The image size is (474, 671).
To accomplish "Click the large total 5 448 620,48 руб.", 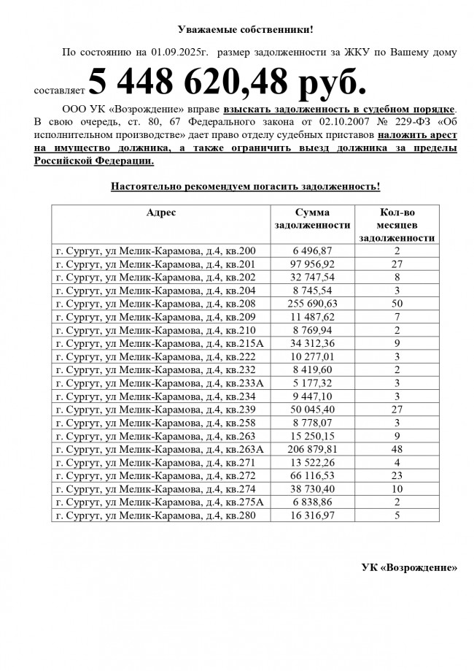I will tap(227, 81).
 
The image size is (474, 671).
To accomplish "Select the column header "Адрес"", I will tap(161, 212).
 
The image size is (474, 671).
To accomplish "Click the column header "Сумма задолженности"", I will tap(312, 218).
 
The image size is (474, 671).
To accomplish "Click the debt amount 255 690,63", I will tap(312, 304).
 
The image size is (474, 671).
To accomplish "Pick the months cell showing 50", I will tap(398, 304).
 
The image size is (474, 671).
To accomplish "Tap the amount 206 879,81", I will tap(312, 449).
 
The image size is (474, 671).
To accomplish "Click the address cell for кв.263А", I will tap(160, 449).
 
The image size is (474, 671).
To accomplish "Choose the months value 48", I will tap(398, 449).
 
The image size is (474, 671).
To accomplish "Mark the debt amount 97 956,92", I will tap(312, 264).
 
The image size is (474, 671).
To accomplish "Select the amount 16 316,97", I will tap(312, 515).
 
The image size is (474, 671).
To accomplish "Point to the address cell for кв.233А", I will tap(160, 383).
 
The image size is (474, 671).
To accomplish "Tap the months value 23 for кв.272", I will tap(398, 476).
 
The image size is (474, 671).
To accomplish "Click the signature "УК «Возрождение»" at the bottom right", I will tap(410, 568).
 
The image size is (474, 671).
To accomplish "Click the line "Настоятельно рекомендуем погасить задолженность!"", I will tap(245, 187).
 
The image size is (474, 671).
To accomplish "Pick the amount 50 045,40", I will tap(312, 410).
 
